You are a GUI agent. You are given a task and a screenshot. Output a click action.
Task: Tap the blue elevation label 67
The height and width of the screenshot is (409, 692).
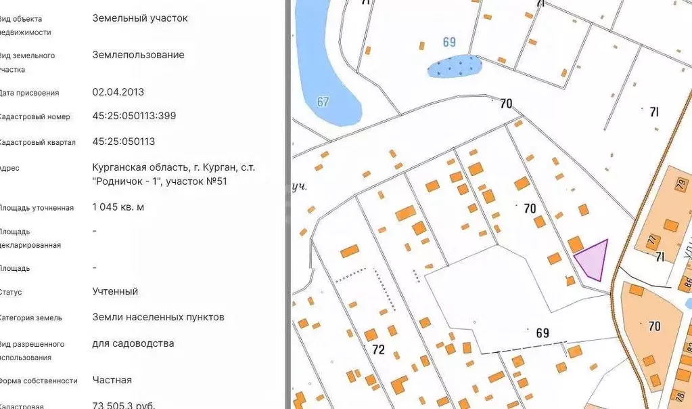tap(323, 102)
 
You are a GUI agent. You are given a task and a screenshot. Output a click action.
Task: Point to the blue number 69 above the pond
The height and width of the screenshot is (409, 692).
tap(449, 42)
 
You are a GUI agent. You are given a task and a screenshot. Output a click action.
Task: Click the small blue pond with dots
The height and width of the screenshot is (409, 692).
tap(455, 66)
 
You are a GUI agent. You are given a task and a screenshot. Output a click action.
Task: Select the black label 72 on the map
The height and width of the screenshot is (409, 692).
tap(378, 350)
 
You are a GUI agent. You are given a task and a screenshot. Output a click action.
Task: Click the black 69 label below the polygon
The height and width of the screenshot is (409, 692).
tap(542, 333)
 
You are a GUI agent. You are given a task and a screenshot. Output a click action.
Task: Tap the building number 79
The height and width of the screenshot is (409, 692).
tap(680, 184)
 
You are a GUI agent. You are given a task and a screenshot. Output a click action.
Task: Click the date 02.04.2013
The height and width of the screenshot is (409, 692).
tap(118, 92)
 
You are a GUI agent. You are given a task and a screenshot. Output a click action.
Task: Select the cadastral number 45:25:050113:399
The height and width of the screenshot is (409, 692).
tap(134, 116)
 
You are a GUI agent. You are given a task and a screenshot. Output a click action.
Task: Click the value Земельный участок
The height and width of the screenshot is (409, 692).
tap(140, 18)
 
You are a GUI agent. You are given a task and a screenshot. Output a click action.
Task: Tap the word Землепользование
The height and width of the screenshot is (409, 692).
tap(138, 55)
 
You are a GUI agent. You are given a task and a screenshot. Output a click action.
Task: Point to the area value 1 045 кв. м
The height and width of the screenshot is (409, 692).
tap(118, 207)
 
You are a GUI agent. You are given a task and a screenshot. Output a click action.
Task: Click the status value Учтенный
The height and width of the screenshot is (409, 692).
tap(115, 291)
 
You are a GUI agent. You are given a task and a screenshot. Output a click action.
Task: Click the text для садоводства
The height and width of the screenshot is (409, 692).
tap(133, 343)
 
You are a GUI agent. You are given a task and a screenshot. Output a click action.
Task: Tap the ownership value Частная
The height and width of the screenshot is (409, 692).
tap(112, 380)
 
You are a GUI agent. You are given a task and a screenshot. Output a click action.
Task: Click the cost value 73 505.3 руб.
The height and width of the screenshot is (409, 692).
tap(124, 405)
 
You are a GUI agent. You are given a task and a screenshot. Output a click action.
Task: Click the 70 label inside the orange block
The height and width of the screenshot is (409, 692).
tap(654, 326)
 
